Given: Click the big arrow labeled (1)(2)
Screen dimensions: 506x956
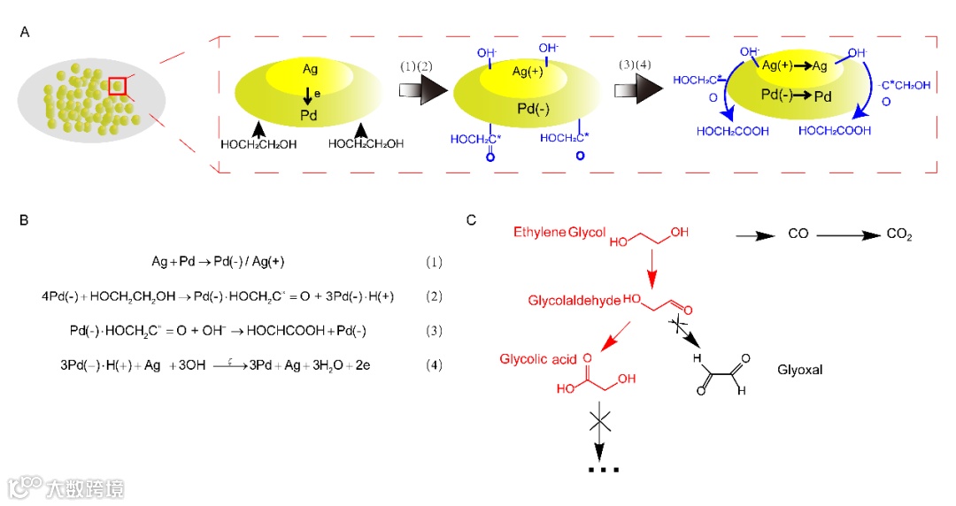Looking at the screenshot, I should [423, 89].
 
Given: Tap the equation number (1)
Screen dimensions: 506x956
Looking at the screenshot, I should [433, 263].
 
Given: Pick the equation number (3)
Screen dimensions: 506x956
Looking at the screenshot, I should [433, 330].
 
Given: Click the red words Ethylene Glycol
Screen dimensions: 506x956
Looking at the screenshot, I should [559, 232].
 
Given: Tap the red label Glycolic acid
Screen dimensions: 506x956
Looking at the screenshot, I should [538, 359].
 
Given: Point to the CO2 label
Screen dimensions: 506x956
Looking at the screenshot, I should [898, 235].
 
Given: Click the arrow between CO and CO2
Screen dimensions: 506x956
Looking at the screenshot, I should [850, 235].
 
